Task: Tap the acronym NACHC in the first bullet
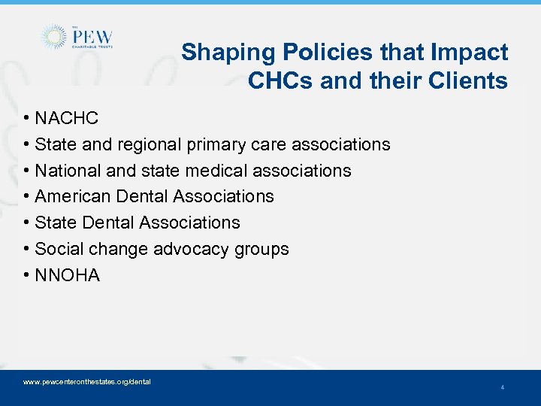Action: tap(67, 118)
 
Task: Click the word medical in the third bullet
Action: tap(219, 171)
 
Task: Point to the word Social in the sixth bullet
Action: tap(58, 249)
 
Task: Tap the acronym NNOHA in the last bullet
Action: tap(68, 275)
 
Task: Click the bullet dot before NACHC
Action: tap(26, 119)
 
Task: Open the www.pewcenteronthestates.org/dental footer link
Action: tap(87, 382)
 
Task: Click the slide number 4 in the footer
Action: tap(502, 387)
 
